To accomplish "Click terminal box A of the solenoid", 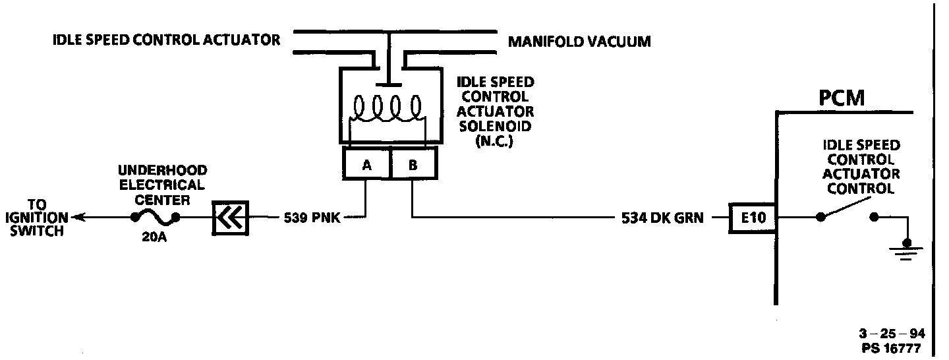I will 366,165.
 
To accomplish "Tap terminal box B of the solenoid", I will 413,165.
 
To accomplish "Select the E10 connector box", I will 752,218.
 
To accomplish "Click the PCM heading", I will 841,99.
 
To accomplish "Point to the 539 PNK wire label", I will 312,218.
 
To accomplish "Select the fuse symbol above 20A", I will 154,217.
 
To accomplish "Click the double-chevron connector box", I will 230,217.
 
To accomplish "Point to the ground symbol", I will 907,250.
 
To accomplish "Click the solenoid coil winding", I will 388,109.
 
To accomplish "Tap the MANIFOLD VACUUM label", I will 579,42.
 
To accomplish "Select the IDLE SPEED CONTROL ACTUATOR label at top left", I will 166,40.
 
